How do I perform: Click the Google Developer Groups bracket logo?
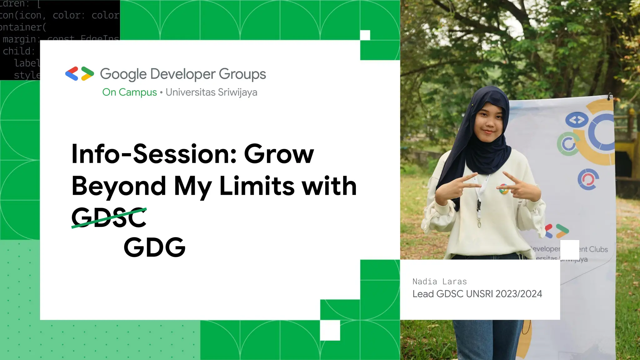(79, 74)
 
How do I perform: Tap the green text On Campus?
(129, 92)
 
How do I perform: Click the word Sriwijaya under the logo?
(237, 92)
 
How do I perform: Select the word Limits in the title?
(257, 186)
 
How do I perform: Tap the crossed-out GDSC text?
(109, 217)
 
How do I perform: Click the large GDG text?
(155, 247)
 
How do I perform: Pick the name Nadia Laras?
(439, 282)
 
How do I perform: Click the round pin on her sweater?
(503, 189)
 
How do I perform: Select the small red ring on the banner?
(588, 179)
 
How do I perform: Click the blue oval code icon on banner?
(577, 120)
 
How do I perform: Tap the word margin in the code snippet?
(19, 39)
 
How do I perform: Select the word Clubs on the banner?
(598, 249)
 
